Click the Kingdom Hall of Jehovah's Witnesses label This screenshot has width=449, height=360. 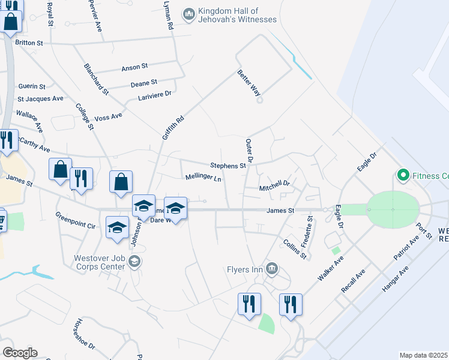pos(237,16)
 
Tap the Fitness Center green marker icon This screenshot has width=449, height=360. pos(403,176)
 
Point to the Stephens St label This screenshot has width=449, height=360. pos(228,165)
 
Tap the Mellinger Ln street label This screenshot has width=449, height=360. pos(203,178)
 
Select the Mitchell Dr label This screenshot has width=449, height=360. pos(274,188)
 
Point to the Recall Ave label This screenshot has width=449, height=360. pos(353,281)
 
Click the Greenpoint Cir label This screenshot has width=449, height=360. pos(75,221)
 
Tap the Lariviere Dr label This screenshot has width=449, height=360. pos(155,94)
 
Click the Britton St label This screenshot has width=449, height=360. pos(29,43)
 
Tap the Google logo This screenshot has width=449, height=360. pos(20,353)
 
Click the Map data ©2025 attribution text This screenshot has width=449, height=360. pos(424,355)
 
